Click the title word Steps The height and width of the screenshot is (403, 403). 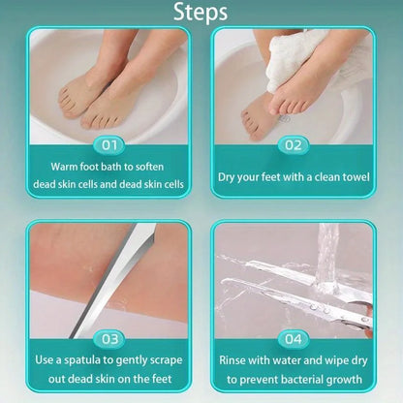(x=201, y=13)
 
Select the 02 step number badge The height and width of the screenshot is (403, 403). (x=294, y=146)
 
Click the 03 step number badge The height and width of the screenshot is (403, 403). (x=109, y=339)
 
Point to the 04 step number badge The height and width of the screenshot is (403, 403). (x=294, y=339)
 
